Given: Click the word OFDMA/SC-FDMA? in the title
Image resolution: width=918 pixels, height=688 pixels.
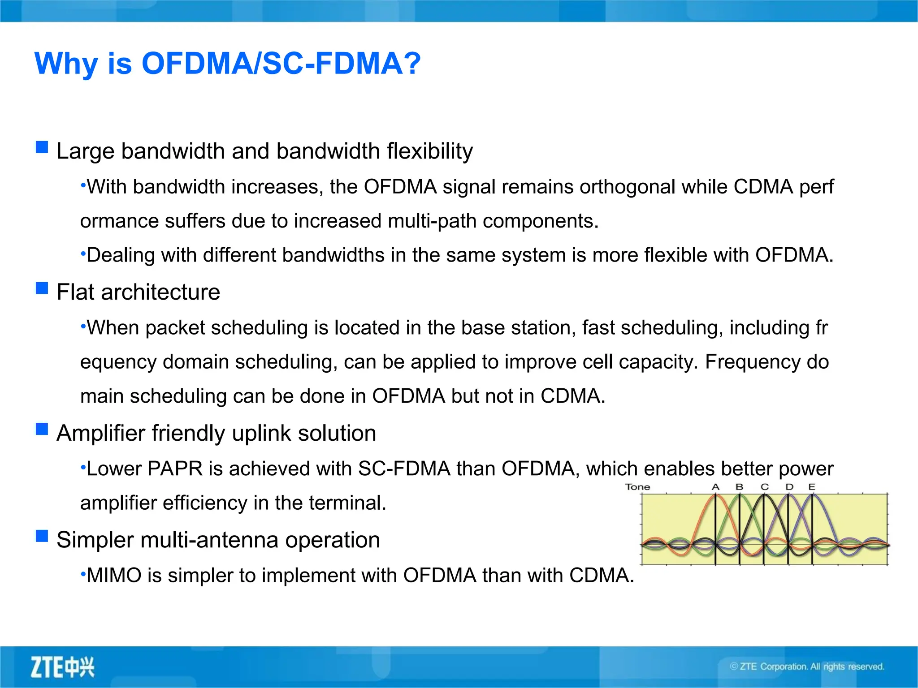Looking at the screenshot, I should [x=281, y=64].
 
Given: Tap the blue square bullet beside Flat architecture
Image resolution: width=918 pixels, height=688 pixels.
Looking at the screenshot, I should [x=42, y=288].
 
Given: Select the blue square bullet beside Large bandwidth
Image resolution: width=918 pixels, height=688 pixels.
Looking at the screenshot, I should [x=42, y=147].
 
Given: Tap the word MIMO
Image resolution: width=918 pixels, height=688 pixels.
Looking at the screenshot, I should [x=114, y=576].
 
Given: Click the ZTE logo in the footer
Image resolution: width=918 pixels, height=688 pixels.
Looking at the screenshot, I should [x=62, y=667].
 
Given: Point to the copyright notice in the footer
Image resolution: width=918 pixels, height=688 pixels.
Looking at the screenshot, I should [x=807, y=666].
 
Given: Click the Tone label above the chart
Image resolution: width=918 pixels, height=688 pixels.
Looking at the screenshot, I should [x=637, y=487].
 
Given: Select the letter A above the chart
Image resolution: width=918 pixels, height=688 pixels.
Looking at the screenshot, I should [x=715, y=487].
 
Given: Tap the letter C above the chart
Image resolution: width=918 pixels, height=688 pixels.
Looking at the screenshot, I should [x=765, y=487].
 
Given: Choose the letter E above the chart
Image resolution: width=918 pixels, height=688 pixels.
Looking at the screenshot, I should [x=812, y=487].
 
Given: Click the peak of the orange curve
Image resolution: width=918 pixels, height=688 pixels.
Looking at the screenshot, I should [x=715, y=495].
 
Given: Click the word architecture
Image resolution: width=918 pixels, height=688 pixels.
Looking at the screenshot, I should [x=160, y=292].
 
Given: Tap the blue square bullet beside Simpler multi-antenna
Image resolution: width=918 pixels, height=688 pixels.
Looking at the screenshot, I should [x=42, y=536].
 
